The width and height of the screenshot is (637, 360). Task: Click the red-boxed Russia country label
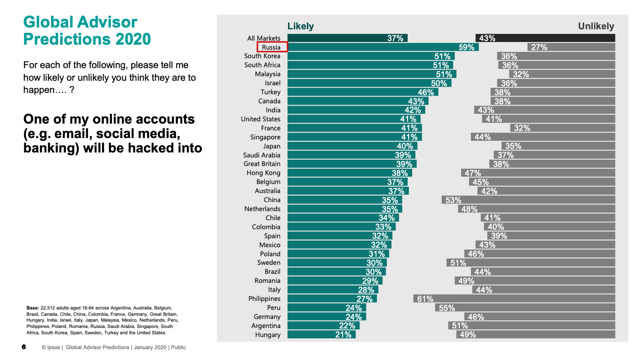pyautogui.click(x=272, y=47)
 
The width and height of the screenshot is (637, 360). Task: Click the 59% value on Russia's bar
pyautogui.click(x=467, y=47)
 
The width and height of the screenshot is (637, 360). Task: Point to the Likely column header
pyautogui.click(x=301, y=26)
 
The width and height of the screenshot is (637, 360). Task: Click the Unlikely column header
pyautogui.click(x=596, y=26)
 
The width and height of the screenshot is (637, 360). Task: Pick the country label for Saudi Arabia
pyautogui.click(x=262, y=155)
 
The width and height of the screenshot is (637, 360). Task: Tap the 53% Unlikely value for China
pyautogui.click(x=453, y=200)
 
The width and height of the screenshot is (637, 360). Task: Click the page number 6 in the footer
pyautogui.click(x=24, y=347)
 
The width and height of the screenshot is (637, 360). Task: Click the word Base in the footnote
pyautogui.click(x=33, y=308)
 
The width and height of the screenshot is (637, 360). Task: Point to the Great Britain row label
pyautogui.click(x=262, y=164)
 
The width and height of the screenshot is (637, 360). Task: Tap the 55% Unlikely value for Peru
pyautogui.click(x=447, y=308)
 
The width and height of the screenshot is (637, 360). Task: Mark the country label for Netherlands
pyautogui.click(x=262, y=209)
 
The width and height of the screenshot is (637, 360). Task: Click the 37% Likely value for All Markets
pyautogui.click(x=395, y=38)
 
